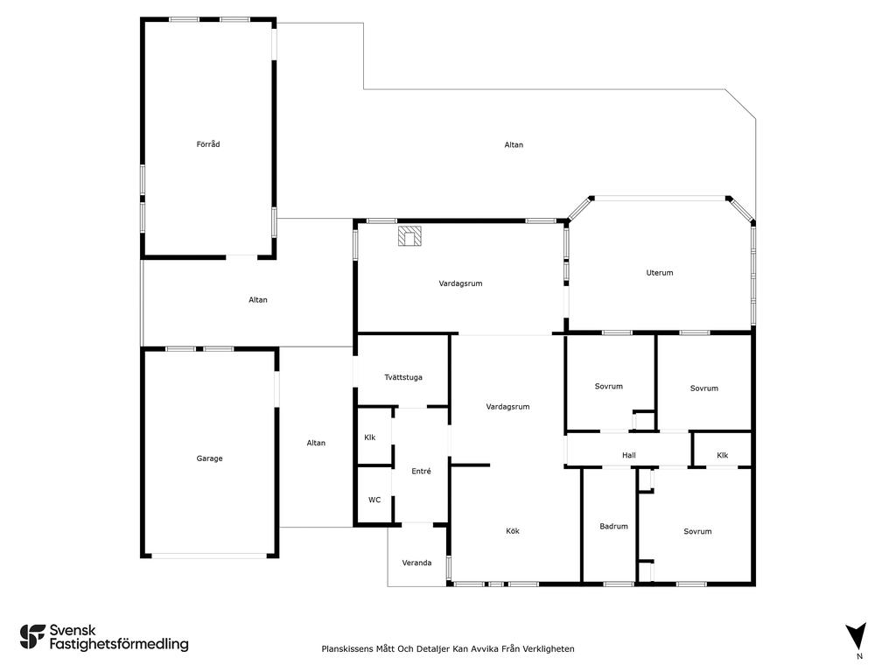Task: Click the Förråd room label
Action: click(208, 144)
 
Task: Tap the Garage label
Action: click(209, 458)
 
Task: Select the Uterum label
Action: click(660, 273)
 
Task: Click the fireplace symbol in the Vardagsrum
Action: click(409, 236)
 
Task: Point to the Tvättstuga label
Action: click(403, 377)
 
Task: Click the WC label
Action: click(374, 500)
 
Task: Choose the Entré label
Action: click(421, 471)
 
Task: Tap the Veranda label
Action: click(416, 563)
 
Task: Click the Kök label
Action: click(513, 531)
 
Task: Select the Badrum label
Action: click(613, 526)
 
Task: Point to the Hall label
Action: click(628, 455)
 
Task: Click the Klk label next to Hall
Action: click(722, 455)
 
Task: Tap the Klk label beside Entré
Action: click(370, 437)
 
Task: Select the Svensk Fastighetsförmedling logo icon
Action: click(32, 637)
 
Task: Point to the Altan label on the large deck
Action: click(514, 145)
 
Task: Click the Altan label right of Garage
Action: click(316, 443)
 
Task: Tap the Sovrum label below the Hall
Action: click(697, 531)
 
